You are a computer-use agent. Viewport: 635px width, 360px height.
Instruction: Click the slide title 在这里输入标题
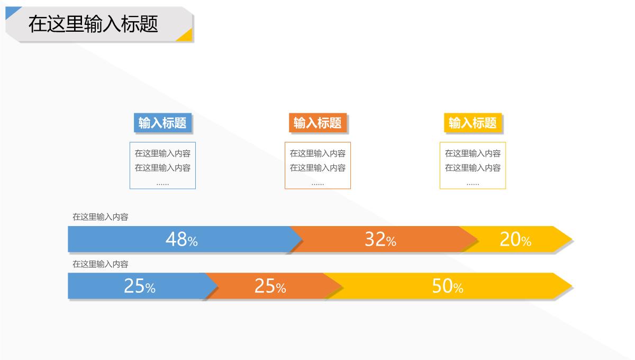tap(93, 24)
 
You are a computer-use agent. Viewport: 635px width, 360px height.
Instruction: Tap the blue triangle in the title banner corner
tap(11, 11)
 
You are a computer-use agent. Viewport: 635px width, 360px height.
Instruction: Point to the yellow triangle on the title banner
tap(186, 36)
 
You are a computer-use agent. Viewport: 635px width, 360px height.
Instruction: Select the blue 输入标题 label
tap(162, 123)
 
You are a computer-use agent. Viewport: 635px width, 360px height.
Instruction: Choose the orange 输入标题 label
tap(317, 123)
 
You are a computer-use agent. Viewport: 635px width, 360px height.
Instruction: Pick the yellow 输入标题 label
tap(473, 123)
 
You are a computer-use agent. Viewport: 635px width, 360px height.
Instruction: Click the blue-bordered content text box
tap(162, 165)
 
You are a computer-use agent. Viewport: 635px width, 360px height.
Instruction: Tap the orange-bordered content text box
tap(317, 165)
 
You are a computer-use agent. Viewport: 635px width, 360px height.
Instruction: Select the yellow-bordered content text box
tap(473, 165)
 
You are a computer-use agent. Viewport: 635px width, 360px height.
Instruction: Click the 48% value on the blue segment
tap(182, 239)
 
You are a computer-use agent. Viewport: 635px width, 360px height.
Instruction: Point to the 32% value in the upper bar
tap(380, 239)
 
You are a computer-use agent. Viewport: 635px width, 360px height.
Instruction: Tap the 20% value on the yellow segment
tap(515, 239)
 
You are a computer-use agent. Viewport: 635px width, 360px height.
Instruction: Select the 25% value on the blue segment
tap(140, 286)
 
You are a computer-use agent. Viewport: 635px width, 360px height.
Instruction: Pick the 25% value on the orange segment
tap(270, 286)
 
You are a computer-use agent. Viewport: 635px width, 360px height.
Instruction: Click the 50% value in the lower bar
tap(448, 286)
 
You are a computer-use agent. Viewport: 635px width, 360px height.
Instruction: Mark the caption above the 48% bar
tap(101, 217)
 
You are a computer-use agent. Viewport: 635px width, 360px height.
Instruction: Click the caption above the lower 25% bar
tap(101, 264)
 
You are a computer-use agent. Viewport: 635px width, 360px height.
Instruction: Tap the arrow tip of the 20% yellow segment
tap(572, 239)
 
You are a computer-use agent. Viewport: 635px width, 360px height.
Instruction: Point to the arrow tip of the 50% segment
tap(572, 286)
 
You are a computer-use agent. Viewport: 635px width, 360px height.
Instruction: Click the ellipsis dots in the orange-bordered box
tap(317, 184)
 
